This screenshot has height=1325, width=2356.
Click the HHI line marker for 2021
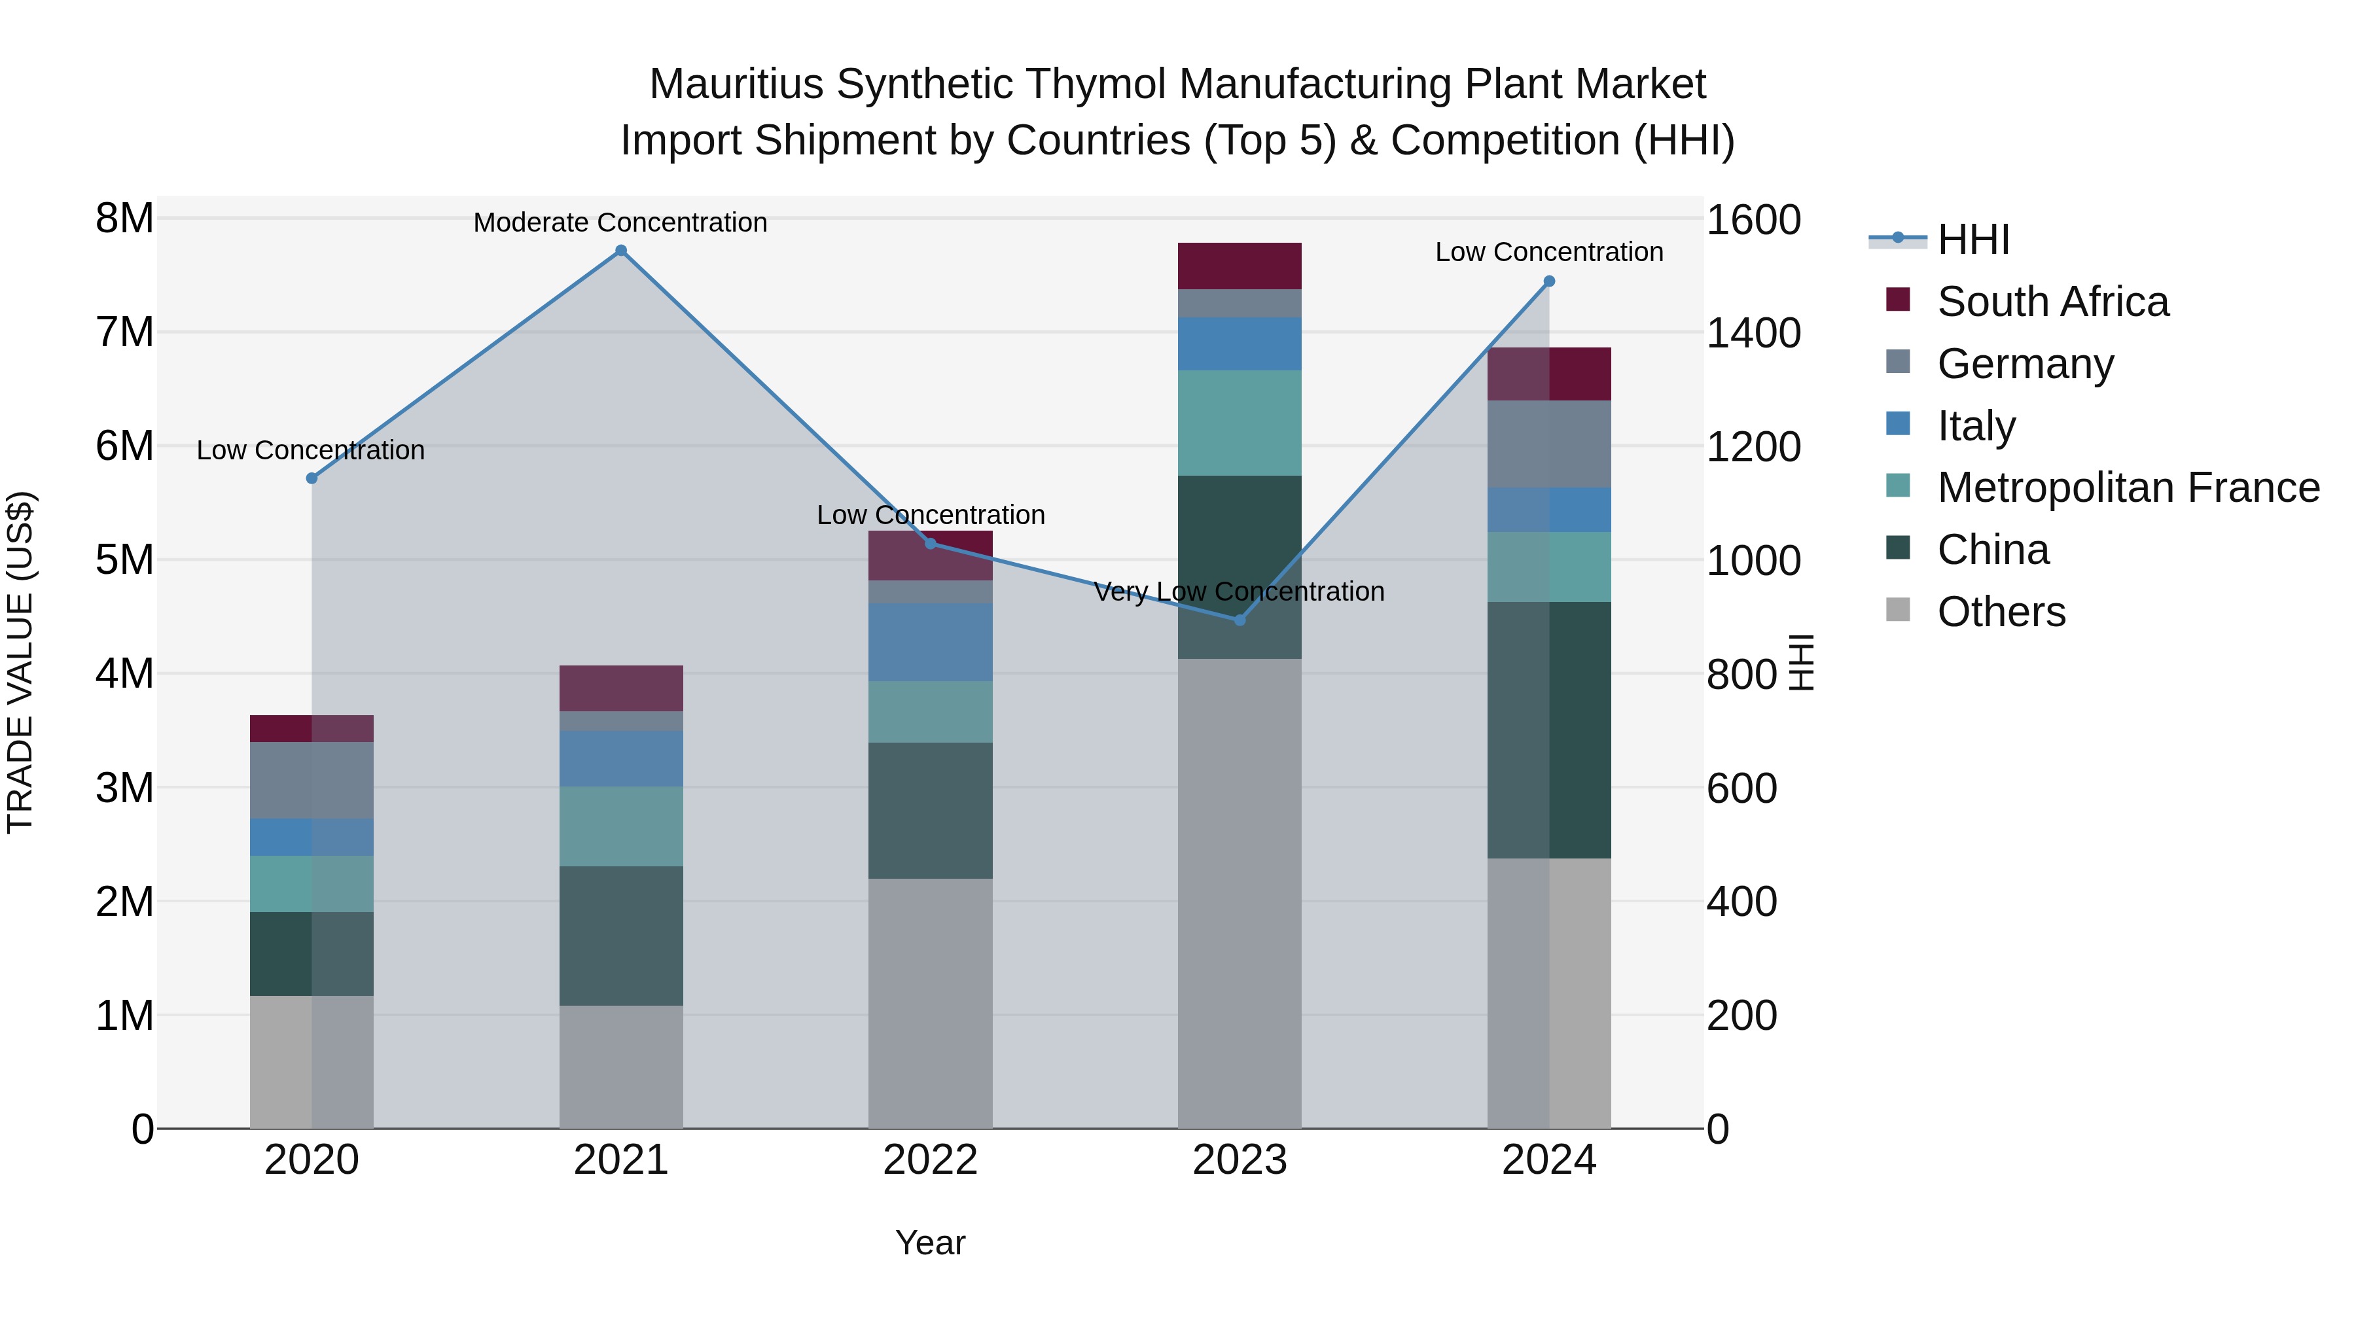[621, 251]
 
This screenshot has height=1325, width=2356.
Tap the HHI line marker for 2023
[1240, 620]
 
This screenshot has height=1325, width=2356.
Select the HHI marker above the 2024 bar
[1548, 281]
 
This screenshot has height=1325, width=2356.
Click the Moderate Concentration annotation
[620, 222]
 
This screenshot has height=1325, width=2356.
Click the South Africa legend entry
[2052, 302]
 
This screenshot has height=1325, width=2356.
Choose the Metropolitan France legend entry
[2128, 487]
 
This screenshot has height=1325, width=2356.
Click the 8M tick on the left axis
[124, 219]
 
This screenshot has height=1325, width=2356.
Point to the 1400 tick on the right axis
[1753, 333]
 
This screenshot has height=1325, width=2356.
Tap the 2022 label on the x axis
[930, 1160]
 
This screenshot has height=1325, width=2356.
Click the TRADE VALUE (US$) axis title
[20, 662]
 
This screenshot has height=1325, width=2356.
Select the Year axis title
[930, 1243]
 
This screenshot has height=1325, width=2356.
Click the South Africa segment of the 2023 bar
[1240, 266]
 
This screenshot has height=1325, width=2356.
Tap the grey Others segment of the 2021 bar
[621, 1067]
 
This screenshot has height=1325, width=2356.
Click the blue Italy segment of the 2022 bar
[930, 642]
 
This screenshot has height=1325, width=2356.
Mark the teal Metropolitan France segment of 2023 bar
[1240, 423]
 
